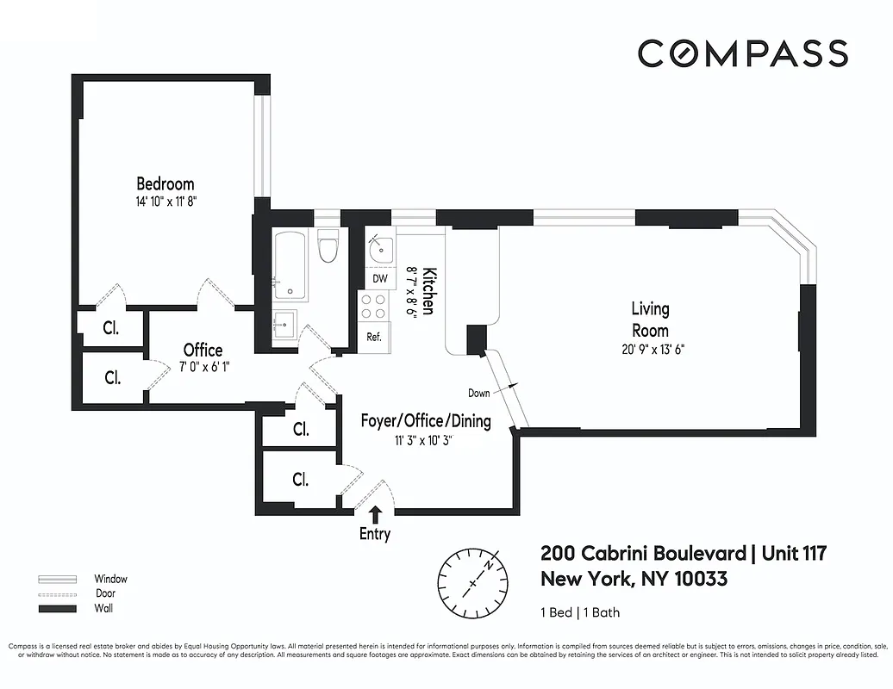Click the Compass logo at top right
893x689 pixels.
pos(742,53)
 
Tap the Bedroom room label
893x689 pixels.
pos(165,183)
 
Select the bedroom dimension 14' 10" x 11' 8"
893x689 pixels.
pos(165,201)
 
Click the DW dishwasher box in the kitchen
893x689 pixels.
pos(379,279)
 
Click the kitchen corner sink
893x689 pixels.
pos(378,247)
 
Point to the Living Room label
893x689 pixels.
pos(650,319)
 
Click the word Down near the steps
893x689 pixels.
pos(479,393)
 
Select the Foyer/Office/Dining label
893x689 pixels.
pos(425,421)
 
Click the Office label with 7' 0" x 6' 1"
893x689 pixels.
pos(203,350)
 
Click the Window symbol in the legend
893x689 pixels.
pos(58,579)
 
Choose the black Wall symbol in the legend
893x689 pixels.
pos(58,609)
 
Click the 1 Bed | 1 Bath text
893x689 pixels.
pos(580,613)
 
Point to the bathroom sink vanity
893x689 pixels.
pos(285,326)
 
